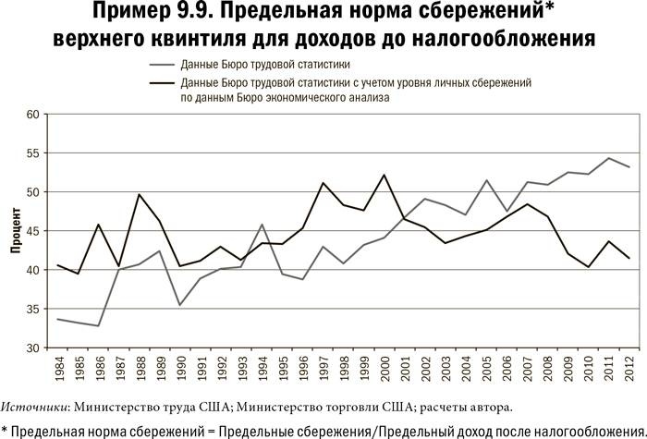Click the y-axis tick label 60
(x=34, y=115)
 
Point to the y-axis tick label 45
(x=34, y=231)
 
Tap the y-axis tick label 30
(x=34, y=348)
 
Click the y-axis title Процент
(x=16, y=232)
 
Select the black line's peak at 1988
(x=139, y=194)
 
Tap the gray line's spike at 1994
(x=262, y=225)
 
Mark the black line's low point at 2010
(x=589, y=267)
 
